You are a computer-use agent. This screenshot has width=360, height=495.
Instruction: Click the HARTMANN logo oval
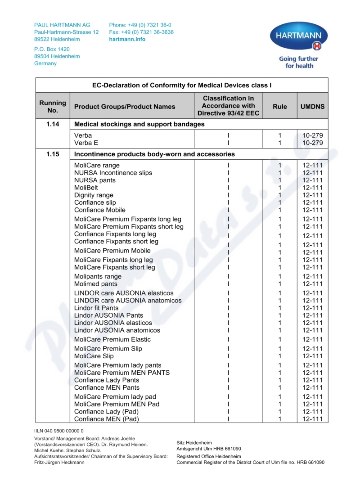pyautogui.click(x=298, y=36)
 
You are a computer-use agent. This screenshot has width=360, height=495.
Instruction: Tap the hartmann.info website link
pyautogui.click(x=127, y=39)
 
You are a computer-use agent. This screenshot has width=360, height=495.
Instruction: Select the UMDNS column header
pyautogui.click(x=312, y=107)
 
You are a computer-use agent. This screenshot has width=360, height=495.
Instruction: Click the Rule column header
pyautogui.click(x=279, y=107)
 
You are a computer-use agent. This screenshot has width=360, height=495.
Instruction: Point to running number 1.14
pyautogui.click(x=53, y=124)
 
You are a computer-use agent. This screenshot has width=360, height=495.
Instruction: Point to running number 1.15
pyautogui.click(x=53, y=154)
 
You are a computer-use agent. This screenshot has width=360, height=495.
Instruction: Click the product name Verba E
pyautogui.click(x=86, y=143)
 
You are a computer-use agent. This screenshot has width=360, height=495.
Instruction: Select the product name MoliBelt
pyautogui.click(x=86, y=188)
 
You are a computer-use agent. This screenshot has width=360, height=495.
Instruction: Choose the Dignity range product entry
pyautogui.click(x=94, y=195)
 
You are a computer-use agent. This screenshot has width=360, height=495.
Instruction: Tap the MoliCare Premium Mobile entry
pyautogui.click(x=112, y=251)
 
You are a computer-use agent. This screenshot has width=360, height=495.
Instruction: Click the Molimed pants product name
pyautogui.click(x=95, y=284)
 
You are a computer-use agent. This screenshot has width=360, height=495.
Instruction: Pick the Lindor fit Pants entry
pyautogui.click(x=96, y=308)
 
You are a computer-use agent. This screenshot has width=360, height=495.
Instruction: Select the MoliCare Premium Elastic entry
pyautogui.click(x=112, y=339)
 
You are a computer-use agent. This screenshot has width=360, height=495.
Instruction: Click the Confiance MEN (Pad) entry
pyautogui.click(x=106, y=419)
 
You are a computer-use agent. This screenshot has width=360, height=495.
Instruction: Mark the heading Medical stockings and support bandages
pyautogui.click(x=139, y=124)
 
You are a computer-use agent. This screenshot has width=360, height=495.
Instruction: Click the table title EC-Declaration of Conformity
pyautogui.click(x=182, y=85)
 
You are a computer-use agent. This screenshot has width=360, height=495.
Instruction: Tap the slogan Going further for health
pyautogui.click(x=298, y=62)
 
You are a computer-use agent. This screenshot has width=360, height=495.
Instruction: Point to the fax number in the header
pyautogui.click(x=141, y=32)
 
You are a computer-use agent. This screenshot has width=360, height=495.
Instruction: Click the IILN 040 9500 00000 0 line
pyautogui.click(x=59, y=431)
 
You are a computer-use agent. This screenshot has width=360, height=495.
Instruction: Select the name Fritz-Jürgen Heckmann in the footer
pyautogui.click(x=60, y=462)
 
